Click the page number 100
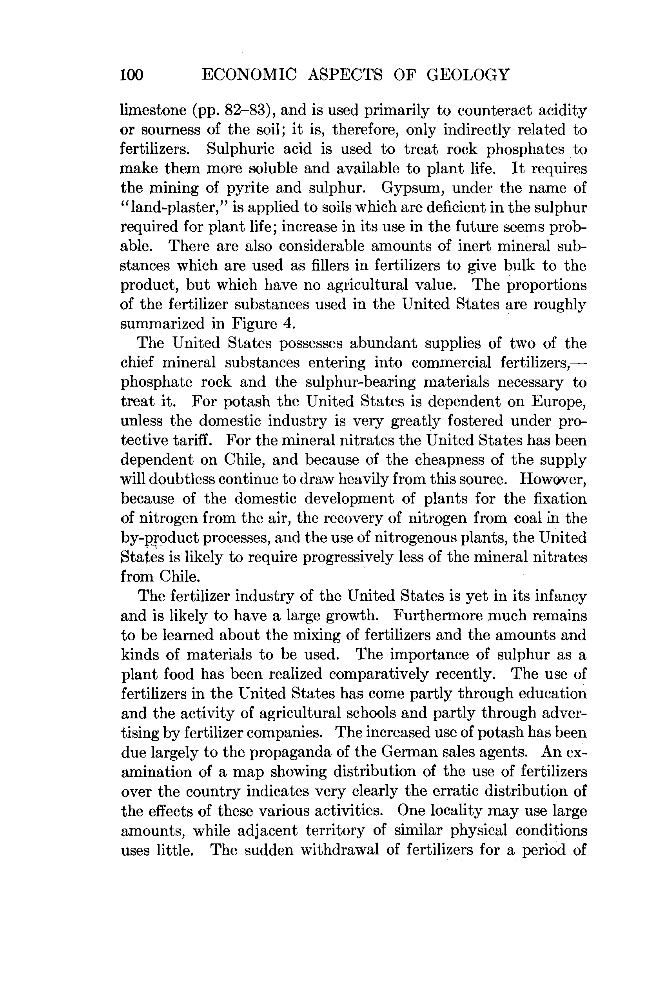(132, 75)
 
